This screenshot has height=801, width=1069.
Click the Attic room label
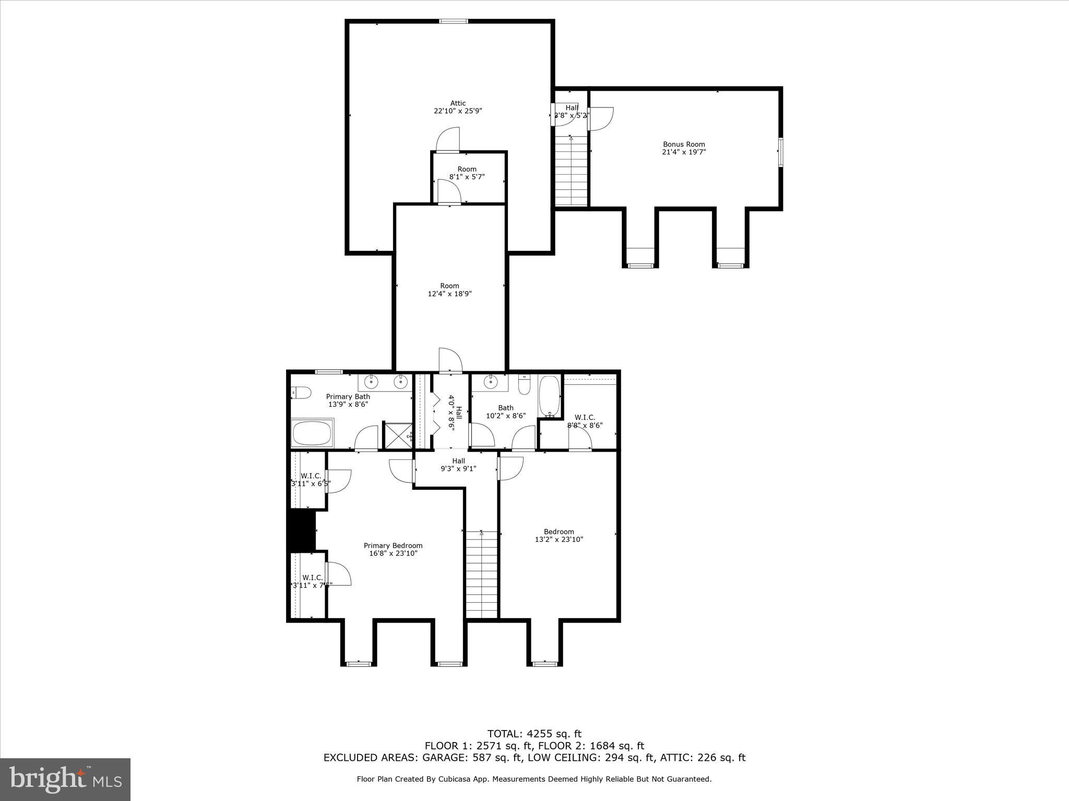458,103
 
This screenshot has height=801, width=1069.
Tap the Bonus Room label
684,144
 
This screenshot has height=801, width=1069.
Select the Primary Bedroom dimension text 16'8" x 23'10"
393,553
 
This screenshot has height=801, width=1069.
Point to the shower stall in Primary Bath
398,435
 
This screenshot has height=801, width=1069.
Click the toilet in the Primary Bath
301,392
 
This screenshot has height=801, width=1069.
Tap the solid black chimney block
302,531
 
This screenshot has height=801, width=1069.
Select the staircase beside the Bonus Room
571,172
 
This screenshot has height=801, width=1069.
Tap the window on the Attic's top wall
453,21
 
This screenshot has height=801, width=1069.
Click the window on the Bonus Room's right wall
781,152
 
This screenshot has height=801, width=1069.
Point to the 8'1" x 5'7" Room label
467,173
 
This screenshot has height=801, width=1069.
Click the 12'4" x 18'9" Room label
449,289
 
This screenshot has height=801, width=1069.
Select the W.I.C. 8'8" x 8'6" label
585,421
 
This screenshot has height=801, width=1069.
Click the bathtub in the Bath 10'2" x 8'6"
549,397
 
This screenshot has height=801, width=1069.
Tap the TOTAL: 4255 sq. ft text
534,734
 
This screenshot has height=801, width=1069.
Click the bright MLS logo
65,781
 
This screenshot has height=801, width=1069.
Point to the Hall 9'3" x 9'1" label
458,465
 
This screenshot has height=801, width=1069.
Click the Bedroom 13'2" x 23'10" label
559,536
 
